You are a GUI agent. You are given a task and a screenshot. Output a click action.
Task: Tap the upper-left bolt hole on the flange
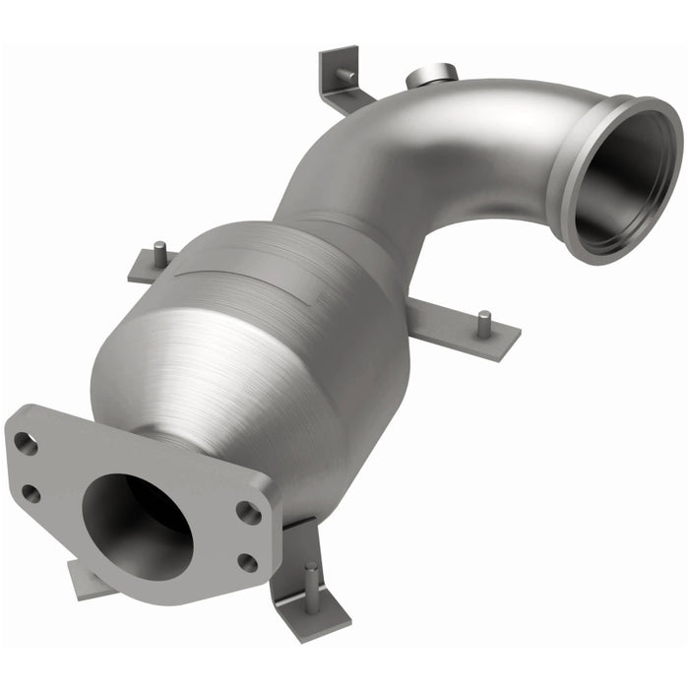pos(27,444)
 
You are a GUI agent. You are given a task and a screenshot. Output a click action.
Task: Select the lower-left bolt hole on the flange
pos(31,493)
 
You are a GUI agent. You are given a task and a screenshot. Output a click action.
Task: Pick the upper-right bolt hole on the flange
pos(250,513)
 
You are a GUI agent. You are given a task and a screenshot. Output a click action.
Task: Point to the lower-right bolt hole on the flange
pos(247,562)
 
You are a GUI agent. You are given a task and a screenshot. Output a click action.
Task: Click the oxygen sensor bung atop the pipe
pos(430,75)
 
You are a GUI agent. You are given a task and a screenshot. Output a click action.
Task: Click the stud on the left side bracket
pos(157,256)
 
